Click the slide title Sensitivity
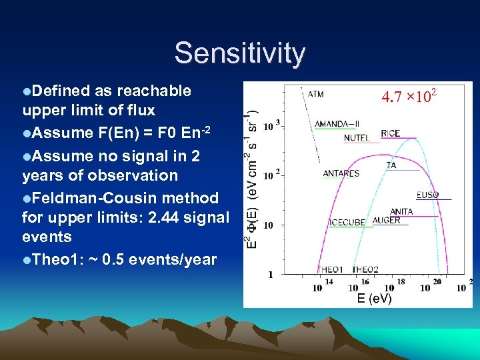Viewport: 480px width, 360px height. pyautogui.click(x=240, y=53)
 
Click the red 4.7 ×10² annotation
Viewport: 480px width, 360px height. pyautogui.click(x=409, y=97)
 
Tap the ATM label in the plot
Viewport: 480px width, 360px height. pyautogui.click(x=316, y=94)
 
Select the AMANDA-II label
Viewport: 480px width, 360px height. pyautogui.click(x=337, y=124)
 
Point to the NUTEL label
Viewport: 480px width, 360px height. pyautogui.click(x=357, y=138)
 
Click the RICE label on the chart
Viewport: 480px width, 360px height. pyautogui.click(x=391, y=133)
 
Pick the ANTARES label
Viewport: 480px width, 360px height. pyautogui.click(x=341, y=173)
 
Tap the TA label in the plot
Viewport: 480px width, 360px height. pyautogui.click(x=391, y=165)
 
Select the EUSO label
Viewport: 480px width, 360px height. pyautogui.click(x=428, y=195)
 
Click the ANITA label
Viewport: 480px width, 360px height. pyautogui.click(x=401, y=211)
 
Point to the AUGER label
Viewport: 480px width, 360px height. pyautogui.click(x=387, y=221)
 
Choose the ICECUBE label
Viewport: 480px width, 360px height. pyautogui.click(x=347, y=222)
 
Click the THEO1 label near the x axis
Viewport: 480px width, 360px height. pyautogui.click(x=331, y=269)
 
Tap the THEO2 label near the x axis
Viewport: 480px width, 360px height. pyautogui.click(x=365, y=269)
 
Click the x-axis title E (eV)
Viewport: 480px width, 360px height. pyautogui.click(x=374, y=299)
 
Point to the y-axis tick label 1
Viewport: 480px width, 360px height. pyautogui.click(x=270, y=274)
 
